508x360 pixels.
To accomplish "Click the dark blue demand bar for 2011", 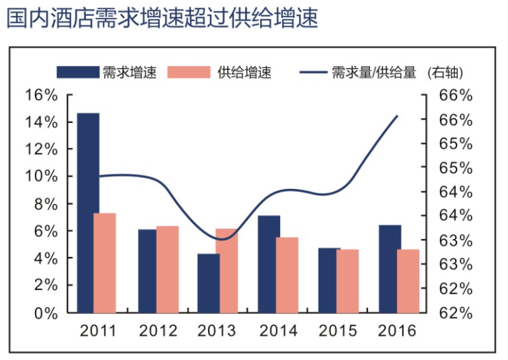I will [x=88, y=212].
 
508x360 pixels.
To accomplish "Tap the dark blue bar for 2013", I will [x=209, y=283].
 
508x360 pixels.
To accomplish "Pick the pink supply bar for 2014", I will [x=287, y=275].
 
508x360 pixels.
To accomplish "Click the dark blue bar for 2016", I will [x=390, y=269].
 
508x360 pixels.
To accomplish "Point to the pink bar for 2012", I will [x=167, y=269].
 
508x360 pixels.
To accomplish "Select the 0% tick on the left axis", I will [x=45, y=313].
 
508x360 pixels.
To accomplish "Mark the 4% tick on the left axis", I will [x=45, y=258].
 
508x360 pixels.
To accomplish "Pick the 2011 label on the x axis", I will [x=97, y=331].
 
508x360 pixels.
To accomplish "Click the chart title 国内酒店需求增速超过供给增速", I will [x=163, y=19].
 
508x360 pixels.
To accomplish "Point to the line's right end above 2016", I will [x=398, y=116].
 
